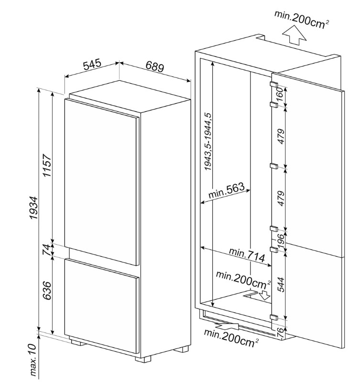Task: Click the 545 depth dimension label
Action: point(92,65)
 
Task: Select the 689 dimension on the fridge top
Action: point(154,66)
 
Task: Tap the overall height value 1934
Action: point(33,208)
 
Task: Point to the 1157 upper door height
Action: point(47,165)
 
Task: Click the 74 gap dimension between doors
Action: point(46,250)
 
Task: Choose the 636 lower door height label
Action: point(46,291)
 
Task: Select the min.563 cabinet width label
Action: point(226,190)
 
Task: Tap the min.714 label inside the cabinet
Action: point(247,255)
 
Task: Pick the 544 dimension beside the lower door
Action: point(281,285)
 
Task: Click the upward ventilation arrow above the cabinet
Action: point(294,36)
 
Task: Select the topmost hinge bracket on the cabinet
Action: point(274,84)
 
